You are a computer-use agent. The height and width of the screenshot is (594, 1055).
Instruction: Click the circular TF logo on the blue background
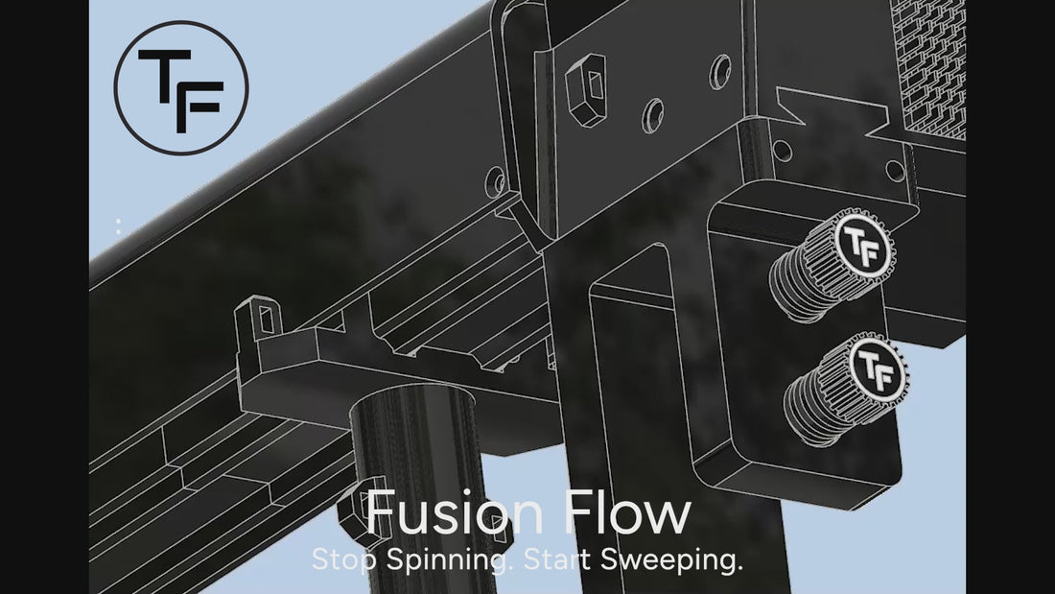pyautogui.click(x=181, y=88)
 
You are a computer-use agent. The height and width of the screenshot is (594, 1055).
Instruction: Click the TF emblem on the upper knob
pyautogui.click(x=863, y=245)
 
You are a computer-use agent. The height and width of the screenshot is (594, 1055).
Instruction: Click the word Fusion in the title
pyautogui.click(x=455, y=513)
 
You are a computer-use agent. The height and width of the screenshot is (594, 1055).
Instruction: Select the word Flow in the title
pyautogui.click(x=627, y=513)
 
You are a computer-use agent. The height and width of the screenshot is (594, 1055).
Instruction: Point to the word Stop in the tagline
pyautogui.click(x=343, y=560)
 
